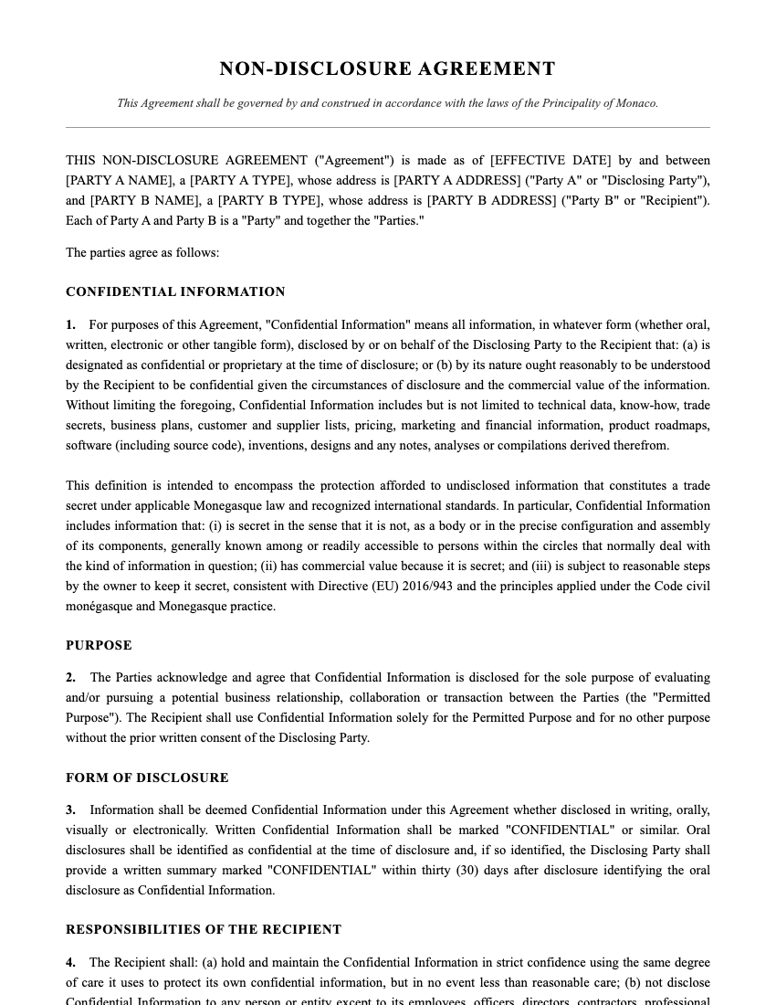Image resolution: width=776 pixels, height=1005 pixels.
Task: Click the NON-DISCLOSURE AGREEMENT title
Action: (x=387, y=69)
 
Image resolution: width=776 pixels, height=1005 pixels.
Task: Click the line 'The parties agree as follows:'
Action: (x=142, y=252)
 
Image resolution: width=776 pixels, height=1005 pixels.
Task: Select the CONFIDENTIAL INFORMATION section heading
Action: (x=175, y=292)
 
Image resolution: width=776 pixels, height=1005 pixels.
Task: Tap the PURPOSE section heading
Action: (x=99, y=645)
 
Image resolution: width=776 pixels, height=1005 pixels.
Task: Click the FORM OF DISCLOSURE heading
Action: (x=147, y=778)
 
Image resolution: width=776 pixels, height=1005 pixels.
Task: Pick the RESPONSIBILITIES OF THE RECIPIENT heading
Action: (x=204, y=930)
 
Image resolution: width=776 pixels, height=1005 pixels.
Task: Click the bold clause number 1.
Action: (x=70, y=324)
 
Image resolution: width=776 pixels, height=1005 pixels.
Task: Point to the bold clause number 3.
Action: (x=70, y=810)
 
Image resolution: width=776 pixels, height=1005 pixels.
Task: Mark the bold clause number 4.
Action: (x=70, y=962)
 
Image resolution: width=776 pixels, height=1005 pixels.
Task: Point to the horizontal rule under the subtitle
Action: (x=387, y=127)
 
